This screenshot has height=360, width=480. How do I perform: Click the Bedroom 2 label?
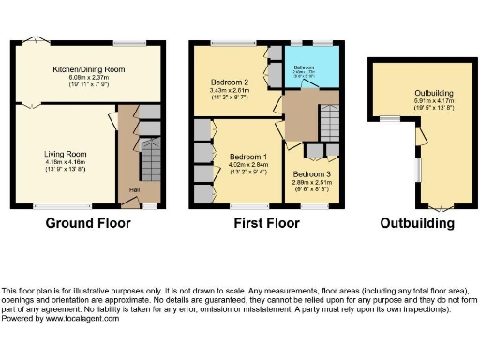[229, 82]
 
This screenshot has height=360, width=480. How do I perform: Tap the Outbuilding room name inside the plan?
[435, 93]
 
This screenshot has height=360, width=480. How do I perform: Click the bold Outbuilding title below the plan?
[417, 223]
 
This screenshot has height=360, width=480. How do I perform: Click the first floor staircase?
[329, 122]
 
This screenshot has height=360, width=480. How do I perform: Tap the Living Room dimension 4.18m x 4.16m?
[65, 162]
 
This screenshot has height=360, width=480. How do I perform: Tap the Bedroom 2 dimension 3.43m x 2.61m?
[229, 91]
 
